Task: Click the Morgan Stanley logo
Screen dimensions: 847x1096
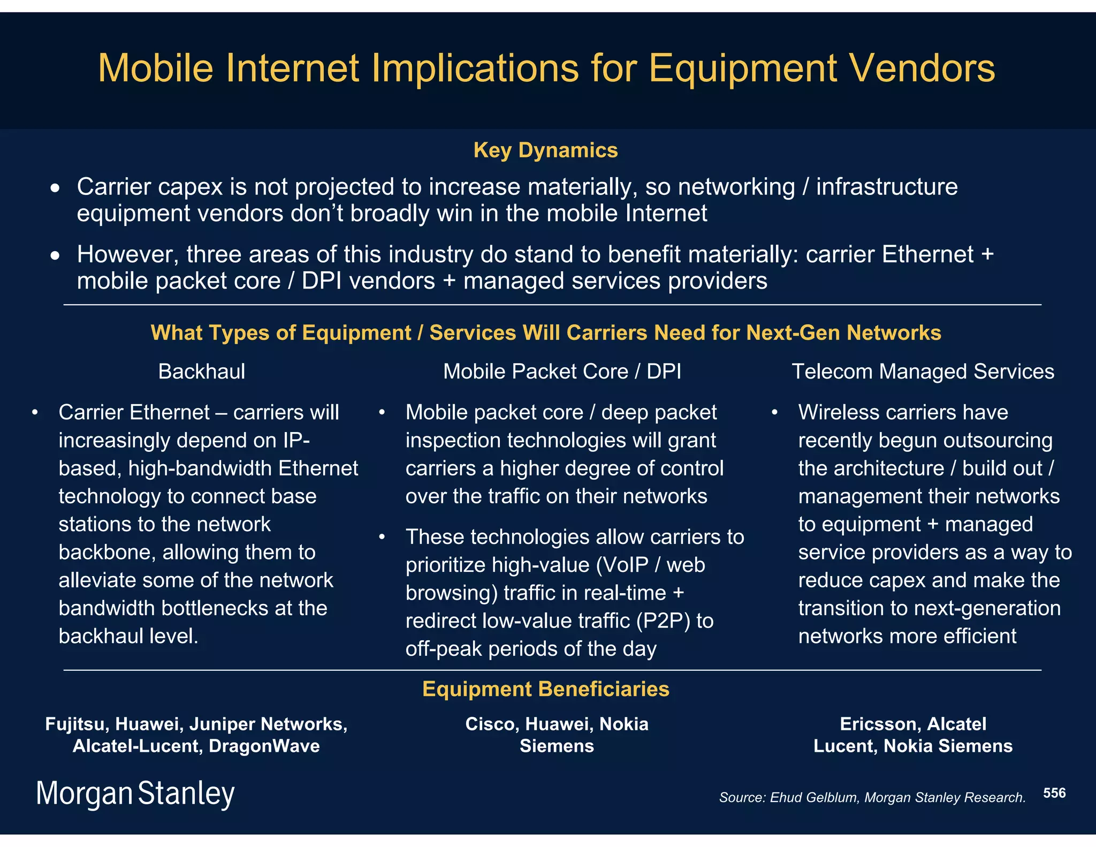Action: (135, 793)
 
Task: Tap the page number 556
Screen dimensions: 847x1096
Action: (1054, 793)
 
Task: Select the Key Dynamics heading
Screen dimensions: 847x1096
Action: (545, 150)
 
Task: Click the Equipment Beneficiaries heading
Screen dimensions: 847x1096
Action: (545, 689)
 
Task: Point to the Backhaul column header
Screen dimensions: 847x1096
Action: (202, 372)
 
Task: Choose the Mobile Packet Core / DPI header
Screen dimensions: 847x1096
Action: (562, 372)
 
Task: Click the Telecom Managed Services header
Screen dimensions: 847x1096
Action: (923, 372)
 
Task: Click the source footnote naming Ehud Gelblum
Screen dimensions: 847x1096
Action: (872, 797)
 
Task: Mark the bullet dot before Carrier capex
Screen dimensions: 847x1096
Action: (55, 188)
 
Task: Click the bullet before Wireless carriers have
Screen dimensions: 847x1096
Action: (774, 413)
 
